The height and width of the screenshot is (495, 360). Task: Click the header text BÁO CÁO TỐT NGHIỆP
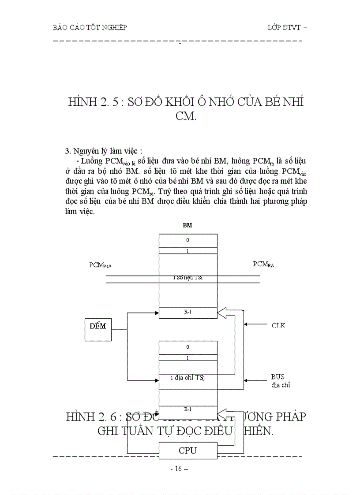coord(90,27)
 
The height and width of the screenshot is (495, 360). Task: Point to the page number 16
coord(179,469)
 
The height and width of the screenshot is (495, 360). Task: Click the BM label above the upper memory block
coord(187,225)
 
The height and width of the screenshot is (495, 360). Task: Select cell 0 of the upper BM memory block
coord(188,241)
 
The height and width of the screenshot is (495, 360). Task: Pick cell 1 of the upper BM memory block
coord(188,251)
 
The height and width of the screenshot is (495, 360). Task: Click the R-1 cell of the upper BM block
coord(188,313)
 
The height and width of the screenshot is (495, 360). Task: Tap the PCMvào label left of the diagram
coord(100,265)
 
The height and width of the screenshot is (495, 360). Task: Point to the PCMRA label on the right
coord(266,264)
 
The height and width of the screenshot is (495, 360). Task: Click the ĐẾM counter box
coord(98,327)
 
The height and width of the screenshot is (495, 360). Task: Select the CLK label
coord(278,325)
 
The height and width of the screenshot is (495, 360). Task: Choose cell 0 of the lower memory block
coord(188,347)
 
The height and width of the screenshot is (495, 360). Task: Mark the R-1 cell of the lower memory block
coord(188,409)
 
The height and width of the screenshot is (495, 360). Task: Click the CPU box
coord(187,450)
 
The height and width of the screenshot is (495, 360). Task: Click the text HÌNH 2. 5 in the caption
coord(94,103)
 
